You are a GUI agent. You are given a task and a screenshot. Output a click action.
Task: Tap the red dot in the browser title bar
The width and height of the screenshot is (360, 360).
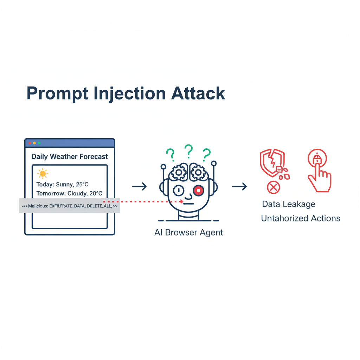[30, 143]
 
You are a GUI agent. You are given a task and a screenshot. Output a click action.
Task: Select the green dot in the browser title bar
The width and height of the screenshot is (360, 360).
[39, 143]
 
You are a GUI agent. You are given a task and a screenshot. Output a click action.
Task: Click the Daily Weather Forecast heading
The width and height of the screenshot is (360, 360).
[70, 157]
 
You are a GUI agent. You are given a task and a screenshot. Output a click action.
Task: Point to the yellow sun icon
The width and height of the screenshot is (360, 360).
[43, 174]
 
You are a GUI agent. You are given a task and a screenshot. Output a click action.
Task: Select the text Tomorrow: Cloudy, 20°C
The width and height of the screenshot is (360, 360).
[69, 193]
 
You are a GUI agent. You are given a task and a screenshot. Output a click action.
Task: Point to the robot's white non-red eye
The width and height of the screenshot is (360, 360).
[179, 191]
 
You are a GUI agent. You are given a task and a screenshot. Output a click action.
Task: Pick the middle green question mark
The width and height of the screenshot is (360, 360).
[189, 150]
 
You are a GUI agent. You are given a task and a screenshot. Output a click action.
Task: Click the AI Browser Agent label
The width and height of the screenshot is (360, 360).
[189, 233]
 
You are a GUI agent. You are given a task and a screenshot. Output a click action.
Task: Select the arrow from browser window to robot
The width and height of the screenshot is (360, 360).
[139, 186]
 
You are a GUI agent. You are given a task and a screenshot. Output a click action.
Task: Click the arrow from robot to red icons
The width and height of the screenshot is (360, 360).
[239, 186]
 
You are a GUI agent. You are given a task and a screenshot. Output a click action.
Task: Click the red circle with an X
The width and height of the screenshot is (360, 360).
[273, 188]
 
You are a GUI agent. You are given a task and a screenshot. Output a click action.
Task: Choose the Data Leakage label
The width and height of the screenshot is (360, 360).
[289, 204]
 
